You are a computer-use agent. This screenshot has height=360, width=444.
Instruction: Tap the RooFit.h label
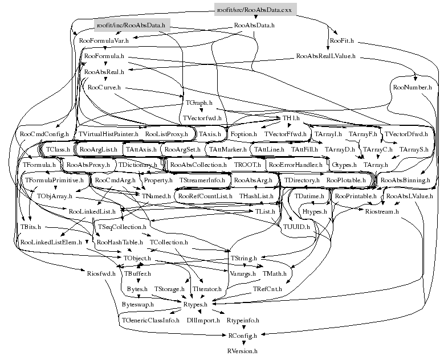[x=342, y=41]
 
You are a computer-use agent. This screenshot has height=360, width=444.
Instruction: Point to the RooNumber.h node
[x=412, y=88]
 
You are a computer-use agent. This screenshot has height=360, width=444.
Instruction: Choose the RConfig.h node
[x=242, y=336]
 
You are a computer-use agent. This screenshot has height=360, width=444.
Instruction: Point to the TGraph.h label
[x=199, y=103]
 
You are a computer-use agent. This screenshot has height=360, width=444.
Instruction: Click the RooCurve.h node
[x=104, y=88]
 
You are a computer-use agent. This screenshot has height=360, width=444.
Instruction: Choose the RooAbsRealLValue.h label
[x=326, y=56]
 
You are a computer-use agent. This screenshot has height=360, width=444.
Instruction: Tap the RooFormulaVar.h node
[x=104, y=41]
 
